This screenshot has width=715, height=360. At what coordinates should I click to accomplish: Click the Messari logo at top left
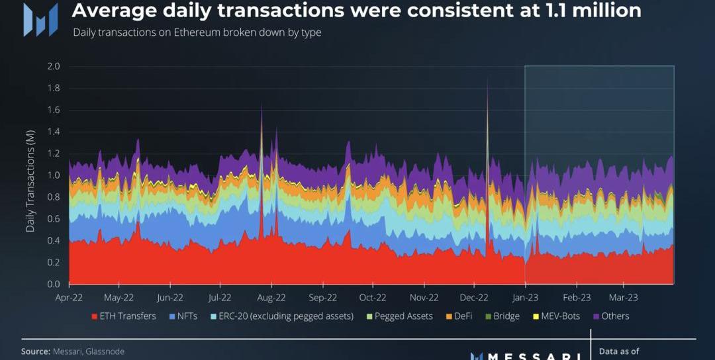40,19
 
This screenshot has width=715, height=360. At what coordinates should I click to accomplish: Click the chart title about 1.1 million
356,11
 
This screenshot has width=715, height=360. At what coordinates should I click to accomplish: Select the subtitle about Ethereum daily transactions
197,32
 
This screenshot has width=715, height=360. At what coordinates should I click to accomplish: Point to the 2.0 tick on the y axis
53,66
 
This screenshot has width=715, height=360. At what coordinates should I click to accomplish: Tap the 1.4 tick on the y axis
53,132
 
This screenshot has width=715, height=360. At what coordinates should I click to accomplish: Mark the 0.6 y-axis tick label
53,219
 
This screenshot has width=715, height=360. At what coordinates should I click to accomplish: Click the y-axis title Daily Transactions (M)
30,175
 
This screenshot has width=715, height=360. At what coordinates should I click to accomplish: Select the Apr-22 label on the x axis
69,297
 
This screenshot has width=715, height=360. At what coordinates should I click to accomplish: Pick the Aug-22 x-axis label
271,297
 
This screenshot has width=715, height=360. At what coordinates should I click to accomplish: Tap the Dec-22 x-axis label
474,297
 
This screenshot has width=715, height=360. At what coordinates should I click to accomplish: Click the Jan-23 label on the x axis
525,297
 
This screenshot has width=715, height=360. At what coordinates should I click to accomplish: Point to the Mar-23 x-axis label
624,297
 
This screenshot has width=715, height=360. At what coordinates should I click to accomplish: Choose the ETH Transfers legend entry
123,316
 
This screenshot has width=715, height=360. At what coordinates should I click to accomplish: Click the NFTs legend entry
183,316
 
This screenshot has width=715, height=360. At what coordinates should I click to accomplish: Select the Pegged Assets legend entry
399,316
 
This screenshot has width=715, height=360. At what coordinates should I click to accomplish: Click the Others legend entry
610,316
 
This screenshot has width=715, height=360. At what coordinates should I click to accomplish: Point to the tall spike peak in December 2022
488,79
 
